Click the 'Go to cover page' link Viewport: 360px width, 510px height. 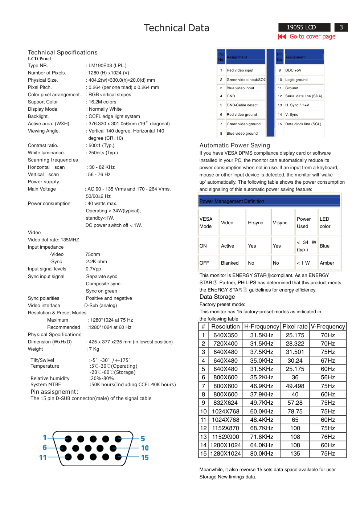coord(312,36)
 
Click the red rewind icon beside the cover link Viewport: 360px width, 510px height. coord(282,36)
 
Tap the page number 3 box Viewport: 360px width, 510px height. coord(341,27)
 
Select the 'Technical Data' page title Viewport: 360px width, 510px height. coord(176,28)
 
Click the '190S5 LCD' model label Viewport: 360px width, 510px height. coord(301,27)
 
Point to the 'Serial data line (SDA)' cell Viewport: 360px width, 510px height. coord(303,96)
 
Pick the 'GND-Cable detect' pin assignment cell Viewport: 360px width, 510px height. coord(242,105)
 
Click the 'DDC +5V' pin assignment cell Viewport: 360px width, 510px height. coord(293,70)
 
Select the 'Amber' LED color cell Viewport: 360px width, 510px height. coord(327,263)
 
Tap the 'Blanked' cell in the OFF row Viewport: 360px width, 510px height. coord(230,263)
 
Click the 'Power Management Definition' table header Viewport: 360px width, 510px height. coord(232,201)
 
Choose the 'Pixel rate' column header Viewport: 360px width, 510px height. coord(295,327)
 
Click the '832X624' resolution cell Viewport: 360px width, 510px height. coord(225,403)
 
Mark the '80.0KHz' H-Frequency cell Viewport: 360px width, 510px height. coord(262,454)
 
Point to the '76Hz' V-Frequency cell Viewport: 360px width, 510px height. coord(328,437)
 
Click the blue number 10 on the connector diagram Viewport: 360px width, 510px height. coord(145,448)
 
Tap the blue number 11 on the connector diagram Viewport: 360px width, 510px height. coord(43,458)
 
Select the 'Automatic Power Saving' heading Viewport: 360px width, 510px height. coord(235,146)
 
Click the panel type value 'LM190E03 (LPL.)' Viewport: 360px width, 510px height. coord(107,66)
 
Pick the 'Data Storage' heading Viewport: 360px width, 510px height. coord(217,297)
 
